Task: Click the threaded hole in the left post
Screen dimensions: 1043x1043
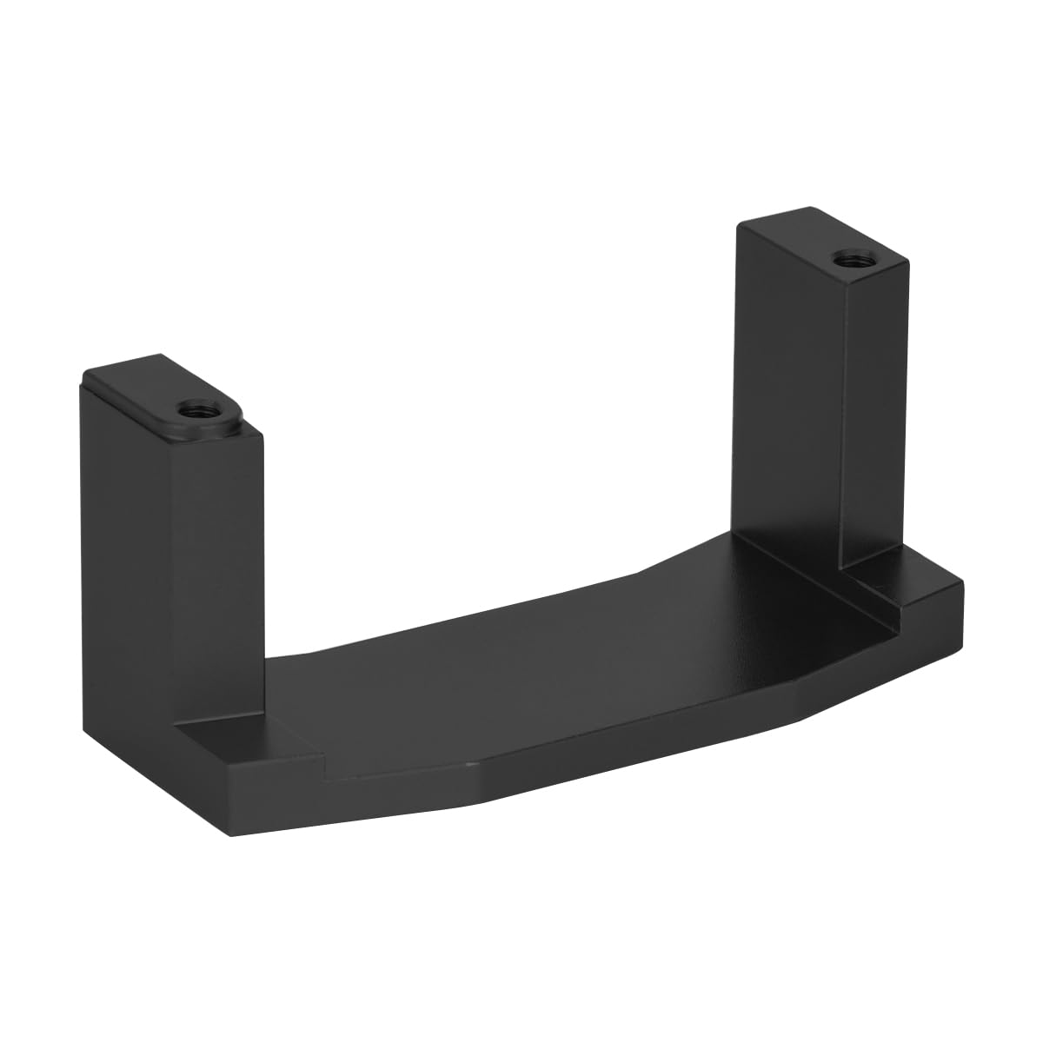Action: pyautogui.click(x=188, y=409)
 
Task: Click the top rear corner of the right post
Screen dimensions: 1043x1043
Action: pyautogui.click(x=813, y=208)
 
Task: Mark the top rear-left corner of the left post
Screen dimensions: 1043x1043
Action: pyautogui.click(x=83, y=375)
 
